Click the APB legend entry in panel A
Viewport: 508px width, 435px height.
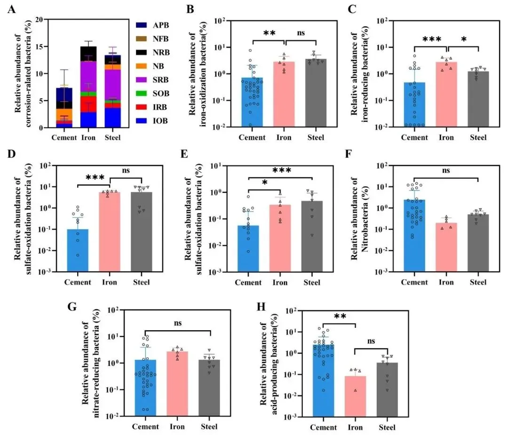coord(149,24)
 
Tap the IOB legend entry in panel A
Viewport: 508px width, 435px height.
coord(149,121)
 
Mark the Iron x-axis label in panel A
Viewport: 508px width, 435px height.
coord(88,138)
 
